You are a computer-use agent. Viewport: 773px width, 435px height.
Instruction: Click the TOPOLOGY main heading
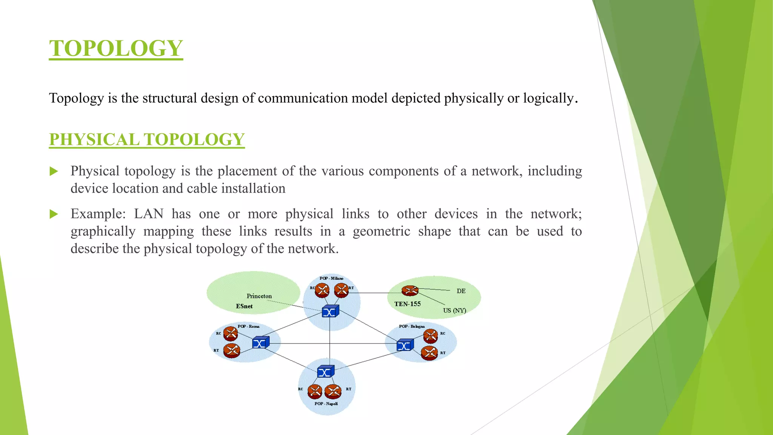point(116,48)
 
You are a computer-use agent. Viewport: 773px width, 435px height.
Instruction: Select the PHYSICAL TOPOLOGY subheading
point(147,139)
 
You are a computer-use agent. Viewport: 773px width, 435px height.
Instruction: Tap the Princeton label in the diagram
point(259,296)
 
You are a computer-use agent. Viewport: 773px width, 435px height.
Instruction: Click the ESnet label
point(244,306)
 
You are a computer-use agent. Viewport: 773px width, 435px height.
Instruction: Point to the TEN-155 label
point(407,304)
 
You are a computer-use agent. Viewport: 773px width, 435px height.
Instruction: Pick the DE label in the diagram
point(461,291)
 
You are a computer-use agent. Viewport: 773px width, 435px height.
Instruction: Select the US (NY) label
point(454,310)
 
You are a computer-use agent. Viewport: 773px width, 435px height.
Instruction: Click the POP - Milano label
point(331,278)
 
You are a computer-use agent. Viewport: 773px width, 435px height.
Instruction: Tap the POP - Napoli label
point(326,404)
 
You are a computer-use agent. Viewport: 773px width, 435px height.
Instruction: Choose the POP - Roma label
point(248,326)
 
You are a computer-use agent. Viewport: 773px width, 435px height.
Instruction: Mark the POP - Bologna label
point(412,326)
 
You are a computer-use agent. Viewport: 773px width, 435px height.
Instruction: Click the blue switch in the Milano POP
point(330,312)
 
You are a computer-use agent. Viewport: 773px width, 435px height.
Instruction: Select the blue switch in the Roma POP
point(260,342)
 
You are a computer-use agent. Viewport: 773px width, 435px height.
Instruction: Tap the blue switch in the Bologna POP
point(405,345)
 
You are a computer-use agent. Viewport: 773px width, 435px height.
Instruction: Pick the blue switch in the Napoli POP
point(325,372)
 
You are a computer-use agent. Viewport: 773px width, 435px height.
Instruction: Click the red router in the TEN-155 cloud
point(410,291)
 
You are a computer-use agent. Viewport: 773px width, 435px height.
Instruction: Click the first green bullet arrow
point(54,171)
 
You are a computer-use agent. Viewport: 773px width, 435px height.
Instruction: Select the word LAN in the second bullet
point(149,214)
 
